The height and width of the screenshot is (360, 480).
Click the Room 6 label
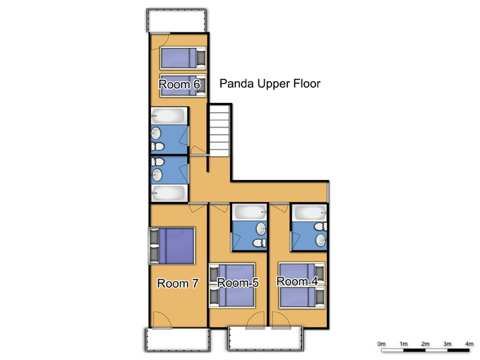179,84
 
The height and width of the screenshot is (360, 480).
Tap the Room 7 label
178,283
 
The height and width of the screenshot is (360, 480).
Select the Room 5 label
238,282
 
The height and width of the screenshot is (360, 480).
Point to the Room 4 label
297,281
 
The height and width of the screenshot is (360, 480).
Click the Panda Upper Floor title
270,83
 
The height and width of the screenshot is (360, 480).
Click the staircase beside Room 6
220,131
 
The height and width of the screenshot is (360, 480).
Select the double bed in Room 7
172,246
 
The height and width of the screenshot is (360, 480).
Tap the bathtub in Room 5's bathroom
249,212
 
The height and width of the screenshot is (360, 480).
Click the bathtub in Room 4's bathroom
309,212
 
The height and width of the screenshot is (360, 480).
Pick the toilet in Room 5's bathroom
259,243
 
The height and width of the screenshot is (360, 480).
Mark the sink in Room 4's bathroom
320,240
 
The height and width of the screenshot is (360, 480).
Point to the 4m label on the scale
469,344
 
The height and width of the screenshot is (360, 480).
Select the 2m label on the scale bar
425,344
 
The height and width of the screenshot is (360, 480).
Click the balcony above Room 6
176,20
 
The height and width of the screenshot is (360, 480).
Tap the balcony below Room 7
178,340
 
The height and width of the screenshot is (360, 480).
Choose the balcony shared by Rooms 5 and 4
265,339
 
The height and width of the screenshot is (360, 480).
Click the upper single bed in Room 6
183,58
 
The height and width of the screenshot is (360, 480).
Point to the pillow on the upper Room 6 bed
201,58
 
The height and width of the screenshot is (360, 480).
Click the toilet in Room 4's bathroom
320,227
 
